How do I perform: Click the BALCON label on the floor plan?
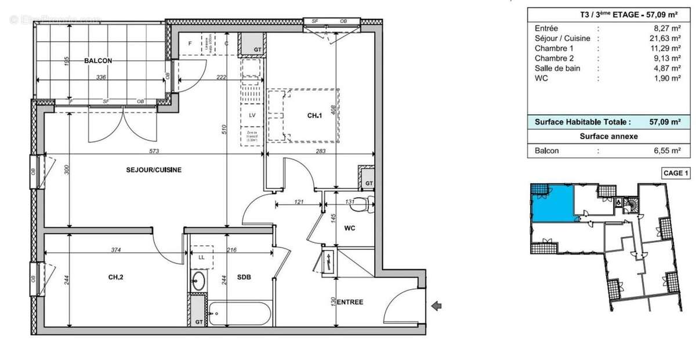[x=97, y=60]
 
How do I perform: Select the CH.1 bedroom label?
[x=314, y=115]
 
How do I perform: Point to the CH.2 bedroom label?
[x=116, y=277]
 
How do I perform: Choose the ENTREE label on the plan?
[x=350, y=302]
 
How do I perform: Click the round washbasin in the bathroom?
[x=198, y=281]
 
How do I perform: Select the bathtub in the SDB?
[x=240, y=314]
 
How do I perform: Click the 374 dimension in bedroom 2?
[x=116, y=250]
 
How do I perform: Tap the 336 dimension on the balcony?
[x=101, y=77]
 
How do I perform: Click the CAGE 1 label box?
[x=675, y=172]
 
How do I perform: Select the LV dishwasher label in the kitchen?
[x=252, y=115]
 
